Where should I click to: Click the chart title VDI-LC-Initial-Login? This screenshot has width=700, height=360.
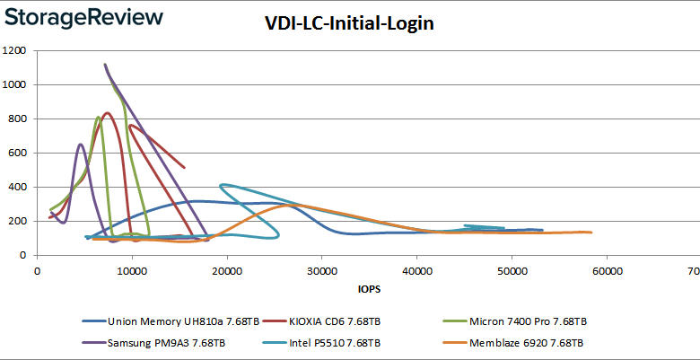tap(349, 24)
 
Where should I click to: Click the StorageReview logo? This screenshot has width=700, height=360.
tap(83, 17)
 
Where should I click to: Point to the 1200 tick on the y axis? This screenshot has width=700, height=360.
tap(15, 50)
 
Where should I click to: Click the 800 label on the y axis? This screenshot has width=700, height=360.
tap(18, 119)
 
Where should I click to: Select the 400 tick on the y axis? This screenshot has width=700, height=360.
tap(18, 187)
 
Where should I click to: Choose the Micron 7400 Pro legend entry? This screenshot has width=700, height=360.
tap(522, 320)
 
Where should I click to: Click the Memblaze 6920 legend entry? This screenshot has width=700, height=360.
tap(521, 342)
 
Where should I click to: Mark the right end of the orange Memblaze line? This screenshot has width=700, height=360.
tap(591, 233)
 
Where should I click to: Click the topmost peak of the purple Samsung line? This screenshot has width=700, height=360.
tap(105, 65)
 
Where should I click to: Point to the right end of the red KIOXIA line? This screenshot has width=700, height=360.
tap(184, 167)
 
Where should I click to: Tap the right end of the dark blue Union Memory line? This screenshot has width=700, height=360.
tap(542, 230)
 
